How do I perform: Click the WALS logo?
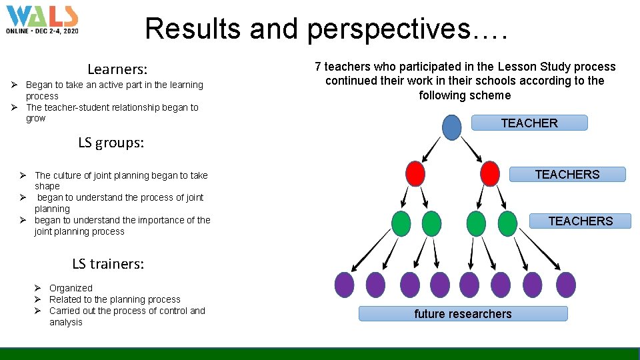tap(42, 20)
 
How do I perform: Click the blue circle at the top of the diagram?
tap(451, 127)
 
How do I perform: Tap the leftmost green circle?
tap(401, 223)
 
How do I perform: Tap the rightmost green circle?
tap(507, 223)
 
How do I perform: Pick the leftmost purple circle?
tap(344, 285)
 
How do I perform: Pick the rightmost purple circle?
tap(565, 285)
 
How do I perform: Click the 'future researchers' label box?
tap(463, 314)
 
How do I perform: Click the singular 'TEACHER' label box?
tap(529, 123)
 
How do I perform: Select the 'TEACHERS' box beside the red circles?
tap(567, 175)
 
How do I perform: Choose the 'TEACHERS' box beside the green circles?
tap(580, 221)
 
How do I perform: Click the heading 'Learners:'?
tap(117, 69)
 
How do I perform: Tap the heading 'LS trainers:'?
tap(108, 263)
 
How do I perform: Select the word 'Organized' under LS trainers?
tap(71, 288)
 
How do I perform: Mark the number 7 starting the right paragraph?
tap(318, 67)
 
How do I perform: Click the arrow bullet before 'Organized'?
tap(39, 288)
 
